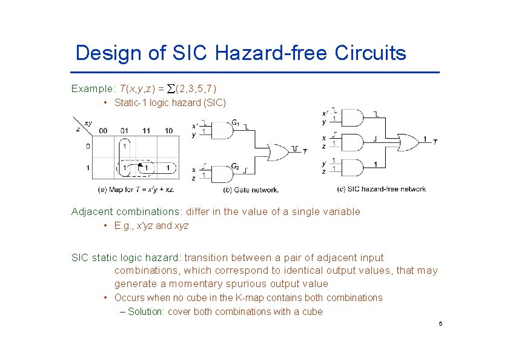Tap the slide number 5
(440, 324)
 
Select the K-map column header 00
(104, 130)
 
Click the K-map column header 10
(168, 130)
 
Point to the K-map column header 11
(146, 130)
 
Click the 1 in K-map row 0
(124, 146)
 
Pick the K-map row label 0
(88, 146)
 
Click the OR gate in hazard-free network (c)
(407, 142)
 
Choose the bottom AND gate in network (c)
(354, 167)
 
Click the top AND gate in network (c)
(354, 118)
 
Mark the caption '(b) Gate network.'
(251, 189)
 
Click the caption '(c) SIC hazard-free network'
(381, 189)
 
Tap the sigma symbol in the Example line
(170, 89)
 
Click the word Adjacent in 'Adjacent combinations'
(91, 211)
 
